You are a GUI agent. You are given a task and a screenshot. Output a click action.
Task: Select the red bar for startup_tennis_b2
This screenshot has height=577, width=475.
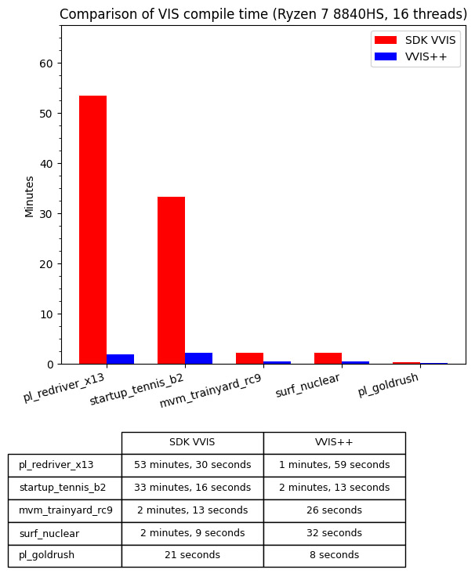pos(171,280)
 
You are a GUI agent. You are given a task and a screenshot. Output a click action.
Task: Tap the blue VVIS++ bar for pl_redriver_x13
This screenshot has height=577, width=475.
pos(120,359)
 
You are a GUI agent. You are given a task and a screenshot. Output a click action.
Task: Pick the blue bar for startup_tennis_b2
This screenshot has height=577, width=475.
pos(198,358)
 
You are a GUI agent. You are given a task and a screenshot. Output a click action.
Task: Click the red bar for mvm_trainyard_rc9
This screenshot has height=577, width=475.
pos(249,358)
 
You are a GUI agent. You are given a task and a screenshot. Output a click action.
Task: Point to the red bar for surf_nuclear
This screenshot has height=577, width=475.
pos(328,358)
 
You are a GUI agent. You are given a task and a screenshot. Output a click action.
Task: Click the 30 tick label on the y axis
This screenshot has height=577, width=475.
pos(46,214)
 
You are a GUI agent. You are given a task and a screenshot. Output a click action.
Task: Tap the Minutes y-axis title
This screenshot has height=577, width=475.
pos(30,196)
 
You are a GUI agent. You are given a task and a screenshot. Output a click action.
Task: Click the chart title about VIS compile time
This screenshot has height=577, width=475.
pos(263,14)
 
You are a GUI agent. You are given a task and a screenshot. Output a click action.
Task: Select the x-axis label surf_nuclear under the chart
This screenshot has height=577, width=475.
pos(308,385)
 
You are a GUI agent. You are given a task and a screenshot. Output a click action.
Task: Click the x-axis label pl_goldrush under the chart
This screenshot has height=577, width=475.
pos(388,384)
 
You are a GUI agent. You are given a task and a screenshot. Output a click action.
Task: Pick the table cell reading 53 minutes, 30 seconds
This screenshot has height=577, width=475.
pos(192,465)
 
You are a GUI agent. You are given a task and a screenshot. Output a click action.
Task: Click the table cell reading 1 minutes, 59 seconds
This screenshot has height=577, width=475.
pos(334,465)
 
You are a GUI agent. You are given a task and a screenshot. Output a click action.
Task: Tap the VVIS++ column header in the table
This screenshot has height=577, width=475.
pos(334,442)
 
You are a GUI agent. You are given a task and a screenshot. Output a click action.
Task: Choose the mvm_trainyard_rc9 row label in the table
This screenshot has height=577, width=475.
pos(65,510)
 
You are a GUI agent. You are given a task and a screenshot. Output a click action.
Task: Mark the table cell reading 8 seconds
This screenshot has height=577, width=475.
pos(334,555)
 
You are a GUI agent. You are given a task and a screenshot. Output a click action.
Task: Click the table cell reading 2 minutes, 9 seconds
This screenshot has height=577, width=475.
pos(192,533)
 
